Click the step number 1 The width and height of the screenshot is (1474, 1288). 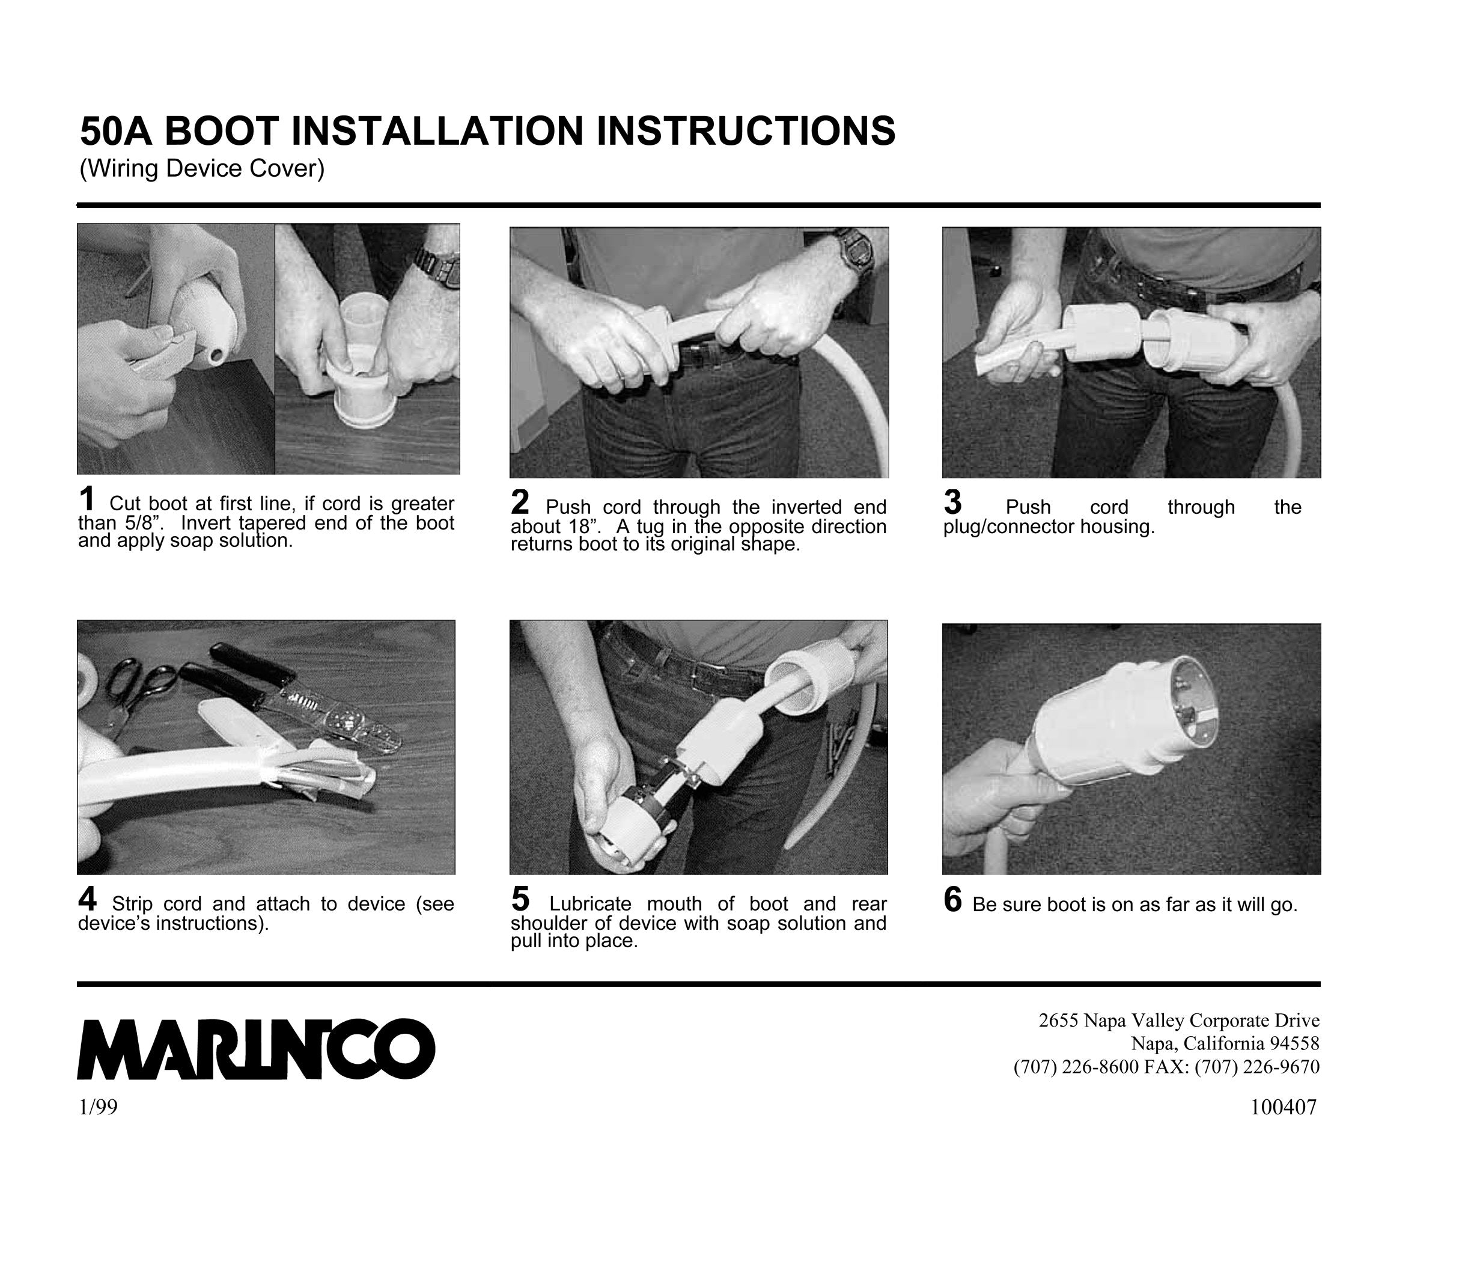[x=87, y=499]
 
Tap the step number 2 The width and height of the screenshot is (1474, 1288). [x=520, y=502]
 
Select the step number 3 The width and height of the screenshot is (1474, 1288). [x=952, y=502]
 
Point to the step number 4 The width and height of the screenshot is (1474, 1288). [x=87, y=899]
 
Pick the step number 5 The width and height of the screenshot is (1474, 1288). [x=520, y=899]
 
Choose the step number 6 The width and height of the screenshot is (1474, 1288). [x=952, y=899]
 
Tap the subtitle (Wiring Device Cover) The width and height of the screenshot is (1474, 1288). [x=202, y=169]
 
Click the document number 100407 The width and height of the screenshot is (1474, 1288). [x=1284, y=1107]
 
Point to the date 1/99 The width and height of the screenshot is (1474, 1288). [x=98, y=1108]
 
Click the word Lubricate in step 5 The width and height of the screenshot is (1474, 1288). [x=590, y=903]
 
